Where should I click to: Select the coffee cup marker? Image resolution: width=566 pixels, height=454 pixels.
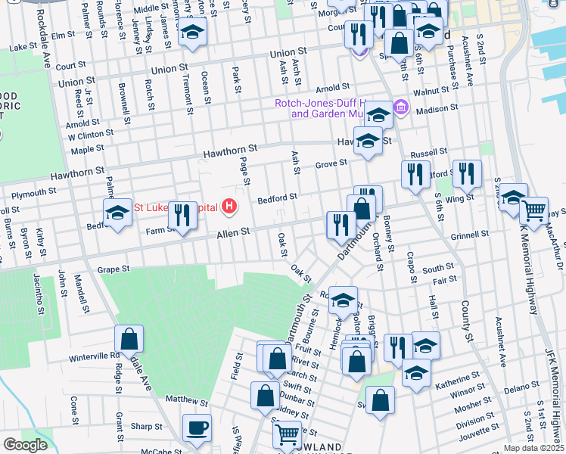click(x=197, y=428)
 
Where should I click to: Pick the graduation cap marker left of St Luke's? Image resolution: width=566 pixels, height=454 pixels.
click(x=117, y=213)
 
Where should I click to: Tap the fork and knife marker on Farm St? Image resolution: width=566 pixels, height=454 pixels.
click(x=182, y=215)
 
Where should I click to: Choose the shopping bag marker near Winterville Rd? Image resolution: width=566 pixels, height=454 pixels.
click(x=129, y=338)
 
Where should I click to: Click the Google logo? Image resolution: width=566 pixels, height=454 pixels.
click(x=25, y=444)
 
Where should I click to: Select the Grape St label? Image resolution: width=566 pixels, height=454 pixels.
click(x=114, y=269)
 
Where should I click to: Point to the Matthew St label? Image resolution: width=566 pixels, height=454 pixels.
click(x=186, y=400)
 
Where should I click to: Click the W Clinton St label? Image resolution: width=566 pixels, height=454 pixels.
click(x=90, y=135)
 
